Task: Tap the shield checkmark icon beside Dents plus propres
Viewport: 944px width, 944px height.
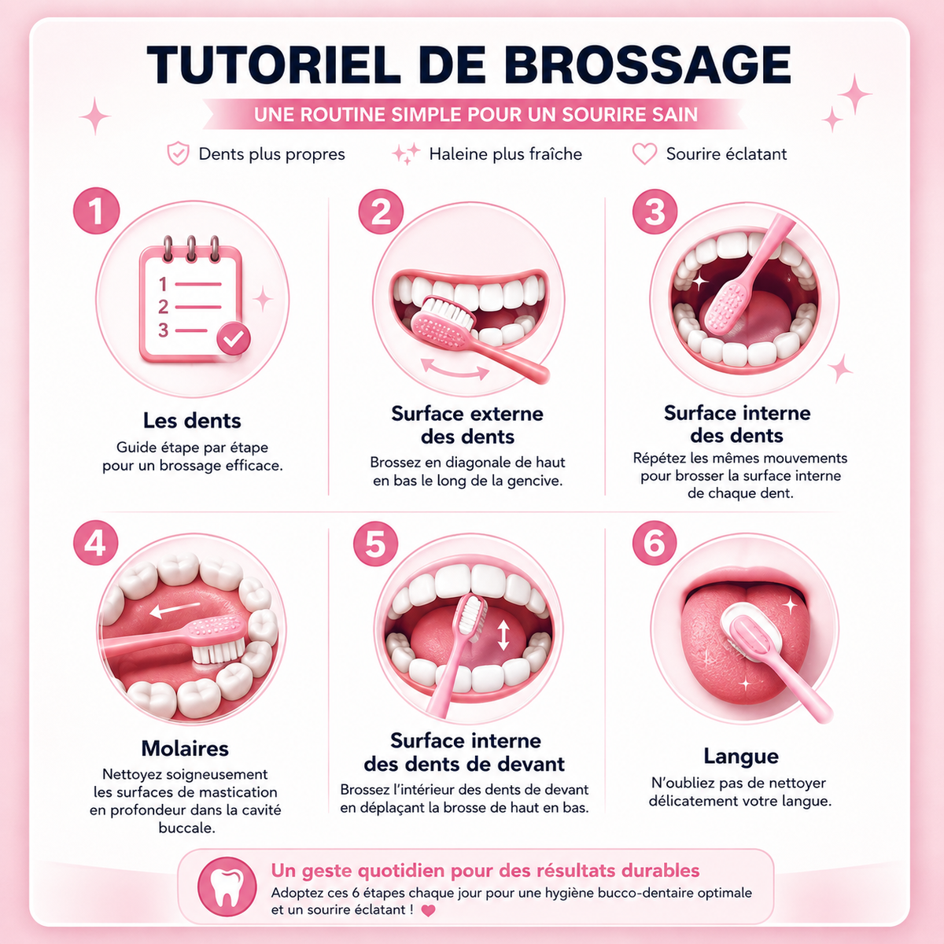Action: (x=178, y=153)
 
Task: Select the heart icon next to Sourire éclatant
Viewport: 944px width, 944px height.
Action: (x=644, y=154)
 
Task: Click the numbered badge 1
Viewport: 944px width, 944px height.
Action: (x=97, y=211)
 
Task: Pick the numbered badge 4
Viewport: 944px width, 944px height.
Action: (x=96, y=543)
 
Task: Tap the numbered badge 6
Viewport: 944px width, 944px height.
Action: (x=655, y=544)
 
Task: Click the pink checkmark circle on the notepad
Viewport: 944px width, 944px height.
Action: (x=234, y=338)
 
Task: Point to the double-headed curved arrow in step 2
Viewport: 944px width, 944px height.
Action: (x=455, y=368)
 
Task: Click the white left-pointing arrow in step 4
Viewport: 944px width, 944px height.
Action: (x=175, y=610)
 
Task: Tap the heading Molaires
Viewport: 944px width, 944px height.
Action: (x=185, y=749)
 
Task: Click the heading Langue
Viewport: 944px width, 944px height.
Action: (x=741, y=757)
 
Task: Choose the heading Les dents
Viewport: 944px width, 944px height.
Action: (x=192, y=421)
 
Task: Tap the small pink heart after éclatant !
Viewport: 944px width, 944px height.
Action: (x=428, y=910)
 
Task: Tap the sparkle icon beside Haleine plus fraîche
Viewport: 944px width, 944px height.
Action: (x=406, y=153)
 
